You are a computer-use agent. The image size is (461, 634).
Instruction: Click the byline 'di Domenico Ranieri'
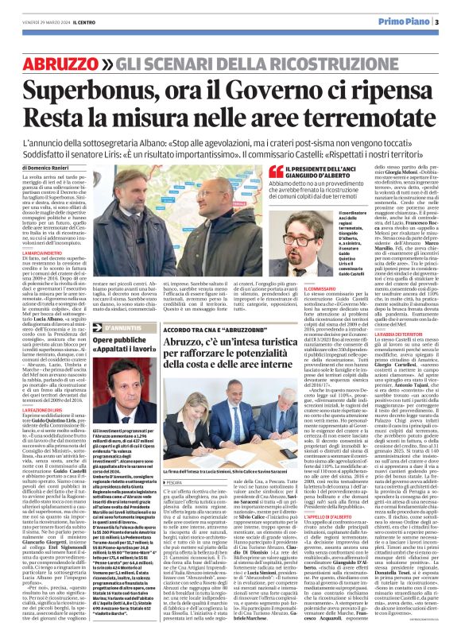(48, 168)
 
